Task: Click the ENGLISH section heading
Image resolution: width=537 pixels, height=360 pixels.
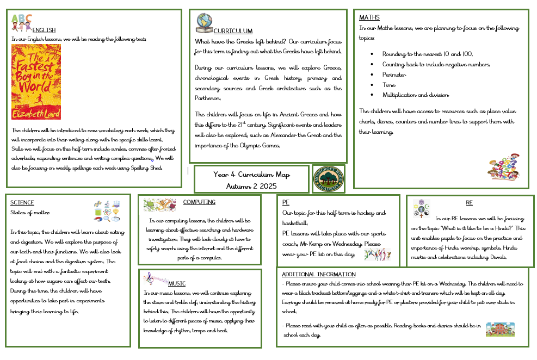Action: (x=44, y=30)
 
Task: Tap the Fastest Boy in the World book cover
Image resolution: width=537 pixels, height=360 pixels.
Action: (x=36, y=82)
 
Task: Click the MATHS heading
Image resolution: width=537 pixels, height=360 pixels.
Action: (x=369, y=18)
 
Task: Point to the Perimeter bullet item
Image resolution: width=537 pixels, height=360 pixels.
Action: (x=394, y=74)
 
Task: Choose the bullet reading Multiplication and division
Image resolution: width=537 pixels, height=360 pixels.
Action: (x=416, y=95)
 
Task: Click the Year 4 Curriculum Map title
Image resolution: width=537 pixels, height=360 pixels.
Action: (x=252, y=180)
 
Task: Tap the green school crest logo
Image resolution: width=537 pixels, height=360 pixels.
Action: (x=328, y=179)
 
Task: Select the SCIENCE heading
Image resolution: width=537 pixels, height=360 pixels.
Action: (x=22, y=203)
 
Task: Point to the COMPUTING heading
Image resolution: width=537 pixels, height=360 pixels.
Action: (x=199, y=202)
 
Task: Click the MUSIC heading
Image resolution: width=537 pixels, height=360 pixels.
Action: (x=177, y=283)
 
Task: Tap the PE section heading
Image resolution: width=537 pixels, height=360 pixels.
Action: (x=286, y=202)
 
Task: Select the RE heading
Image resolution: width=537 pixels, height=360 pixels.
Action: (x=469, y=202)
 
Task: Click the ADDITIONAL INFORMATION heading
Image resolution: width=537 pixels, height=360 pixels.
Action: (x=319, y=275)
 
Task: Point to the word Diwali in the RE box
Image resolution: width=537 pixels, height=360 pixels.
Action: (x=497, y=258)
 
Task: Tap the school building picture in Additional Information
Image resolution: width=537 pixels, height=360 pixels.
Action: (x=500, y=329)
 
